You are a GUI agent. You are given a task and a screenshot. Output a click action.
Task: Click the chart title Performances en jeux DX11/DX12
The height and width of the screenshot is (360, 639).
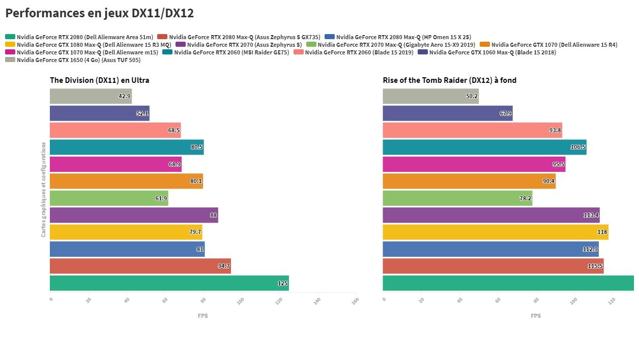[x=100, y=13]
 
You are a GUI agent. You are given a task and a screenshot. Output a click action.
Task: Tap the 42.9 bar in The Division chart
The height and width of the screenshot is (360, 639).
[x=91, y=96]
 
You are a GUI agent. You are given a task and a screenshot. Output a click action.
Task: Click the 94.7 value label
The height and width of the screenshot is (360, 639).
[x=224, y=266]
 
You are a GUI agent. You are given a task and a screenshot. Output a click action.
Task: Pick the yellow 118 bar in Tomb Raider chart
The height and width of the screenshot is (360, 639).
[x=495, y=232]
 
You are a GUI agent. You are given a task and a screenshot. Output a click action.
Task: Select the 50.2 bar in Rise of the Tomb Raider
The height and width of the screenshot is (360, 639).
[x=430, y=96]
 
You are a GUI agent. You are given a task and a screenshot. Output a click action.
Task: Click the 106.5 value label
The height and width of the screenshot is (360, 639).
[x=578, y=147]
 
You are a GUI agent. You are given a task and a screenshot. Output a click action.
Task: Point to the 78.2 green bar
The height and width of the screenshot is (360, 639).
[x=457, y=198]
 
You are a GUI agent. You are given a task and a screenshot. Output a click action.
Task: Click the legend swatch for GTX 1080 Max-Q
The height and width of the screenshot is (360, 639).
[x=10, y=45]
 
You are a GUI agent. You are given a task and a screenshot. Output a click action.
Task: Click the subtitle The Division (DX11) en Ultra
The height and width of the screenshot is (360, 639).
[x=99, y=80]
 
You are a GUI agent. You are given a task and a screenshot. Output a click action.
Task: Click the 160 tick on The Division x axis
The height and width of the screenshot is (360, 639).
[x=355, y=301]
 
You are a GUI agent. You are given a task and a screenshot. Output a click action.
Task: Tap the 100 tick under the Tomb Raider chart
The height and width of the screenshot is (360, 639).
[x=573, y=301]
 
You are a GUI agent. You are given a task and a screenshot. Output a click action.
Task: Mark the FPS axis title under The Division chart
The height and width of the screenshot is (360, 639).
[x=202, y=316]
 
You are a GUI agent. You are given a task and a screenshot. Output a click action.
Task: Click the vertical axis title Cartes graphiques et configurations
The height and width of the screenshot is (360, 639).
[x=44, y=189]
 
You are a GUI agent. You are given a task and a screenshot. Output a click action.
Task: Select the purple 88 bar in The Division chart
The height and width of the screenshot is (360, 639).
[x=134, y=215]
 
